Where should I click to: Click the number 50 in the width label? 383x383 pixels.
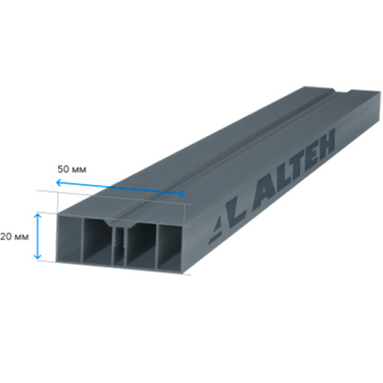(64, 169)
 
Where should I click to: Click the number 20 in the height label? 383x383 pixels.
(6, 237)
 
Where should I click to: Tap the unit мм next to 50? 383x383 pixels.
(79, 170)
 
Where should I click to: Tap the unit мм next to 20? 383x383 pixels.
(21, 237)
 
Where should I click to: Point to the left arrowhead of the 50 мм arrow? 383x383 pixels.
(58, 182)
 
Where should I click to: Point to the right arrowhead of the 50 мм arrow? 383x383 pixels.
(182, 193)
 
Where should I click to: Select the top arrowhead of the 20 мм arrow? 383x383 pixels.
(38, 216)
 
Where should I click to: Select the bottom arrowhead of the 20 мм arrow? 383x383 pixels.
(38, 256)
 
